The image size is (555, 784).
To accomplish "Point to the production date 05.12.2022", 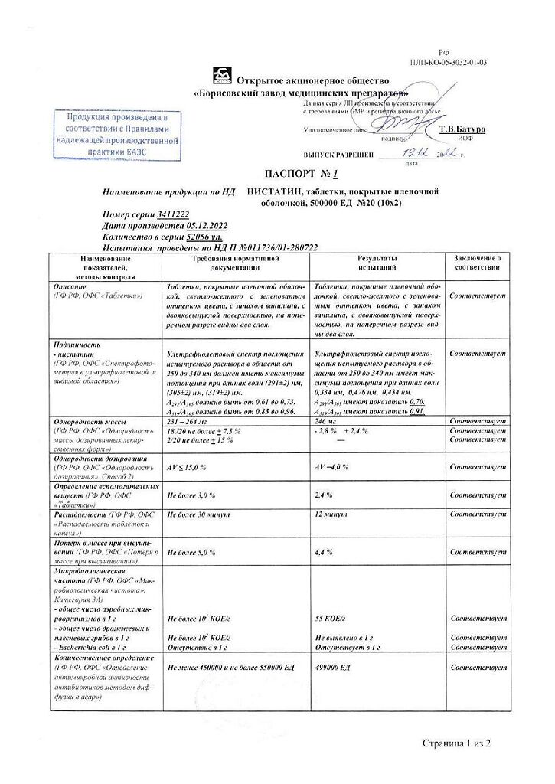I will tap(207, 227).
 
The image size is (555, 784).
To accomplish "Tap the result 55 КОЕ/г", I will tap(331, 617).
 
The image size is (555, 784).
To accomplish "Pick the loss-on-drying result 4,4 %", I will tap(324, 552).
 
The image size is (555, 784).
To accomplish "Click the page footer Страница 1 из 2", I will tap(455, 743).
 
